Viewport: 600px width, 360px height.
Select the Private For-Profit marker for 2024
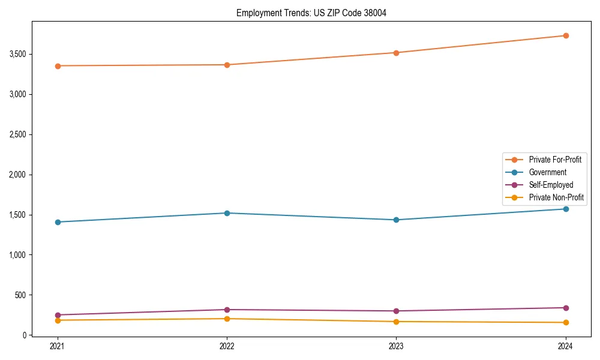[x=565, y=35]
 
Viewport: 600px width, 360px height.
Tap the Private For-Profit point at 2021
[x=58, y=66]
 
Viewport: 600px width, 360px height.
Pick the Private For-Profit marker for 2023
[x=396, y=53]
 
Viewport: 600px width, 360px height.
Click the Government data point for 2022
[x=227, y=213]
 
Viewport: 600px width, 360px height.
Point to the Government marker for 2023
[x=396, y=220]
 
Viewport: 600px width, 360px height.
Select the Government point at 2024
[x=565, y=209]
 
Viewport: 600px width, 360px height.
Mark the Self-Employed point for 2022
[x=227, y=310]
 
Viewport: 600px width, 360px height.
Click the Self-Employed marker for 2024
[x=565, y=308]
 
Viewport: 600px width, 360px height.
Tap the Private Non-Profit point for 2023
[x=396, y=322]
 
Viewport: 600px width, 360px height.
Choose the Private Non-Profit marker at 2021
[x=58, y=320]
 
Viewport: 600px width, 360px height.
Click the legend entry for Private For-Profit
[x=554, y=160]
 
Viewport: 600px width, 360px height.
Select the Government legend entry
[x=547, y=172]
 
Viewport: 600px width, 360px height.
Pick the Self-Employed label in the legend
[x=551, y=185]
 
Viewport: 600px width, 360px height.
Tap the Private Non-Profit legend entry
[x=556, y=197]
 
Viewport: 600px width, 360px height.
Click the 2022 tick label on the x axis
[x=227, y=346]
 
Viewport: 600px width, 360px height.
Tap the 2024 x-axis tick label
[x=565, y=346]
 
